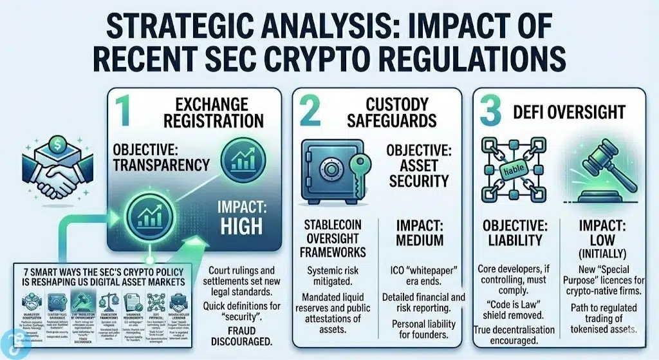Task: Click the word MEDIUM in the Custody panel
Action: coord(420,240)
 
